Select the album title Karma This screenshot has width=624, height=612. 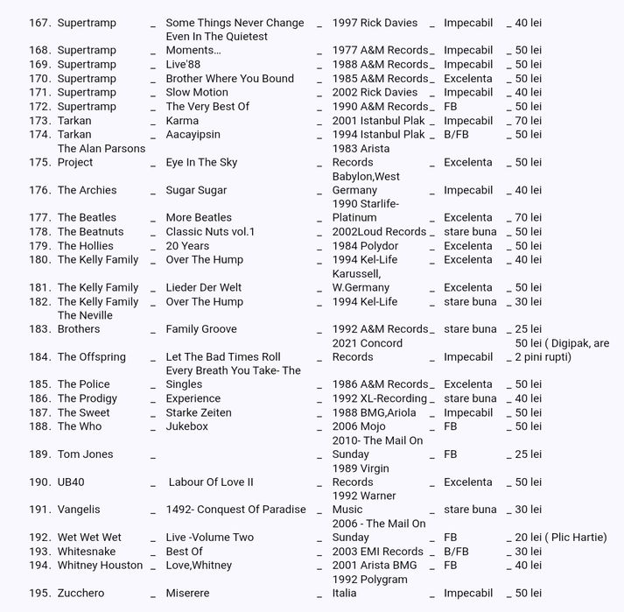click(x=182, y=121)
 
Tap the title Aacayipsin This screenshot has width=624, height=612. click(x=193, y=135)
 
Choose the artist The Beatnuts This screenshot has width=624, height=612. click(x=91, y=232)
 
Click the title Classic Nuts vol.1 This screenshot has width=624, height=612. click(x=210, y=232)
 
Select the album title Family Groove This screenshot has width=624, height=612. click(x=201, y=329)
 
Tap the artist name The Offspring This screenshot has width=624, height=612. click(x=91, y=357)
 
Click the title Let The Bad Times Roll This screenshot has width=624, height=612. click(x=223, y=357)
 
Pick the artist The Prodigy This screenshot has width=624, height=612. click(x=87, y=398)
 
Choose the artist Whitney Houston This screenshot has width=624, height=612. click(x=100, y=566)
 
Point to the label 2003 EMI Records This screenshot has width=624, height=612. click(x=378, y=552)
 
